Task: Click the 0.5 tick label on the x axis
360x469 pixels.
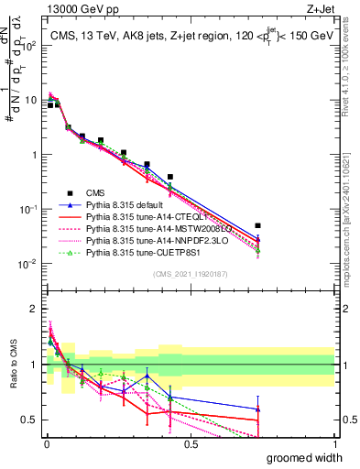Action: tap(190, 444)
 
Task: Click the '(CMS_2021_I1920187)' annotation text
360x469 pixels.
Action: tap(190, 274)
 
